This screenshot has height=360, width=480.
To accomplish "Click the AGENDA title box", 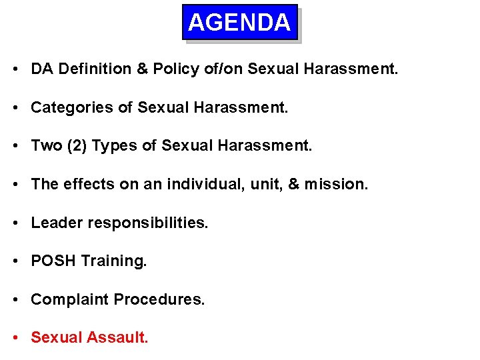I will [239, 23].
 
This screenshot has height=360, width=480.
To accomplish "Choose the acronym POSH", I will [53, 261].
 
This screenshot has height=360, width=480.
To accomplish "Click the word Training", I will [113, 261].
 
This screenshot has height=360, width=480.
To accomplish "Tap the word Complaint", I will [70, 300].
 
